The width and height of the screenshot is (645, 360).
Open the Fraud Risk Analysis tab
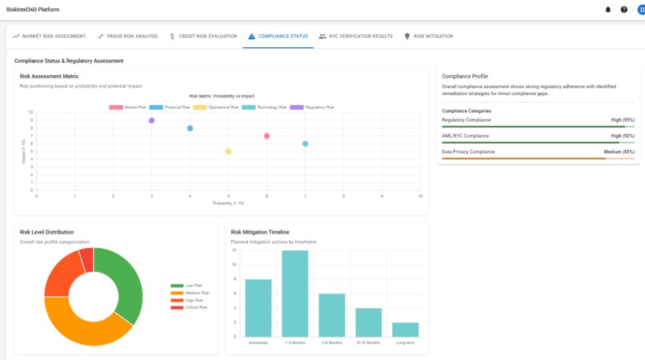[x=127, y=36]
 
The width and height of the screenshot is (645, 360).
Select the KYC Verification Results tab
[x=355, y=36]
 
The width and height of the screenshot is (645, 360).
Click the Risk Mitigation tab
[x=428, y=36]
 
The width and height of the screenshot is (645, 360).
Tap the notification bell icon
[x=607, y=10]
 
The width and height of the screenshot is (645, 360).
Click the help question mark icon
[x=624, y=10]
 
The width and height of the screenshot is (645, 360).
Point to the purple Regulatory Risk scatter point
[x=151, y=121]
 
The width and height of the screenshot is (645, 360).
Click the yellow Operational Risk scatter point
[x=228, y=151]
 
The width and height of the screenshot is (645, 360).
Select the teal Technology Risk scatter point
[x=305, y=144]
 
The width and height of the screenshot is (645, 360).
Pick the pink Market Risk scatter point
[x=266, y=136]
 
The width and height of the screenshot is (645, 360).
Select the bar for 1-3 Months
[x=294, y=294]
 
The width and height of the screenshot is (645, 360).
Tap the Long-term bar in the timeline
[x=405, y=330]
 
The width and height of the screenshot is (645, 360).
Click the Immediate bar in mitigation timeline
[x=258, y=308]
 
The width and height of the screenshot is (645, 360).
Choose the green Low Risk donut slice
[x=125, y=284]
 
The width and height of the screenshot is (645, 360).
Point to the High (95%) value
[x=623, y=120]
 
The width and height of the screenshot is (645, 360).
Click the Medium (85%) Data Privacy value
[x=619, y=151]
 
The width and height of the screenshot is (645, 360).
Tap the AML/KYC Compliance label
[x=465, y=136]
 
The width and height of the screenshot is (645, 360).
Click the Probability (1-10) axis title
[x=228, y=203]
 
